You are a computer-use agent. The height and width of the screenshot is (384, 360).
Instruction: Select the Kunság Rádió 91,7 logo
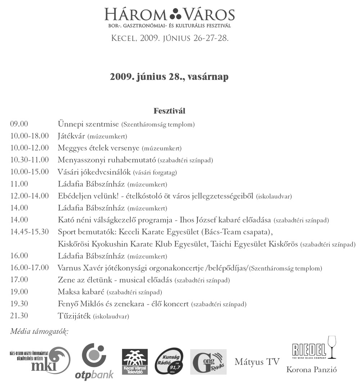[169, 361]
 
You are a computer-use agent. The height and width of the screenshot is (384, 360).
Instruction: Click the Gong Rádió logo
[208, 361]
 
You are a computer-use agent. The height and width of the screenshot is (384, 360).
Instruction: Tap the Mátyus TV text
[257, 362]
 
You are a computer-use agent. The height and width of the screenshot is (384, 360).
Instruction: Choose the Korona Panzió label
[311, 369]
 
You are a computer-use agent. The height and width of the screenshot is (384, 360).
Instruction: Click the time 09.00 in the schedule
[19, 124]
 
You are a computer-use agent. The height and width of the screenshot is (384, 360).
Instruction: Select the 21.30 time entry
[19, 316]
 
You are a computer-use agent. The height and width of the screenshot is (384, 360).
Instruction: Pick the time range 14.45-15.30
[30, 231]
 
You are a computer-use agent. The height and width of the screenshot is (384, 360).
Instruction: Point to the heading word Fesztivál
[169, 110]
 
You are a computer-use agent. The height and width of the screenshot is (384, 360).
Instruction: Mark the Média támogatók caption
[39, 331]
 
